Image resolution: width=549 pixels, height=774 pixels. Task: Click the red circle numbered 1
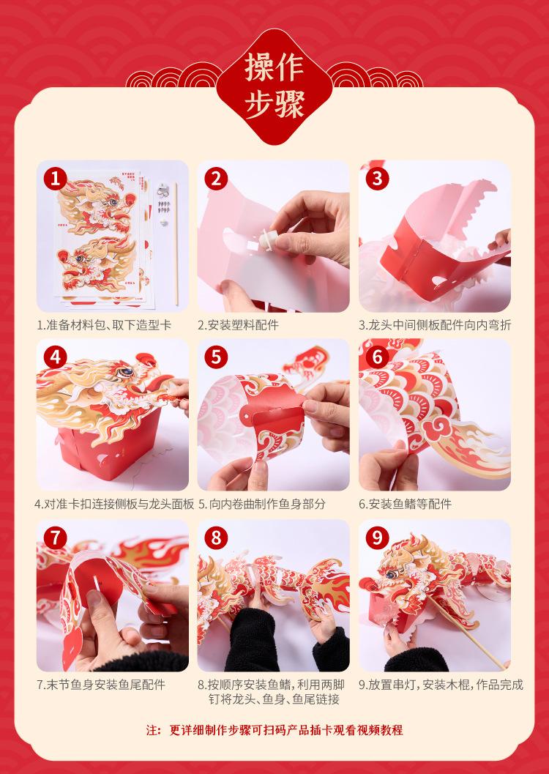pos(55,178)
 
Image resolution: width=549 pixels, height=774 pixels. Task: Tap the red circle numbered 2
pos(216,178)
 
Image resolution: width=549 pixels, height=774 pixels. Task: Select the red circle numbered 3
pos(377,178)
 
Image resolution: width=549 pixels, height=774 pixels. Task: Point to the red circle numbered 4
pos(55,357)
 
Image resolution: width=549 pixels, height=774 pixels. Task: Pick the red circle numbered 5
pos(216,357)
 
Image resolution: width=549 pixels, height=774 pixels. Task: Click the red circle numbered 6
pos(377,357)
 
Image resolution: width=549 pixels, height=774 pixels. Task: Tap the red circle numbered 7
pos(55,537)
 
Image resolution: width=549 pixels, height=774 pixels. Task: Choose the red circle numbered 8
pos(216,537)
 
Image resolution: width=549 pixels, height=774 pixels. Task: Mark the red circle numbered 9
pos(377,537)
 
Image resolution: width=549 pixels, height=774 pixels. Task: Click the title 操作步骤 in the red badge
pos(274,86)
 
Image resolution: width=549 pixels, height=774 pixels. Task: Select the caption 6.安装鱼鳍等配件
pos(405,504)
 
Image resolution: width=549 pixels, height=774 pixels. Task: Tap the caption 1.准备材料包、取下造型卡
pos(104,325)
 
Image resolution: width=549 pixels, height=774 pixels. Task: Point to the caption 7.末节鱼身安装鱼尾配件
pos(101,685)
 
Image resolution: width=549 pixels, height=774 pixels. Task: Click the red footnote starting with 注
pos(274,730)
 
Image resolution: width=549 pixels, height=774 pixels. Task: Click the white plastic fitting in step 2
pos(266,242)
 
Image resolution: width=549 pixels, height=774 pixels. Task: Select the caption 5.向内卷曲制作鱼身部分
pos(262,504)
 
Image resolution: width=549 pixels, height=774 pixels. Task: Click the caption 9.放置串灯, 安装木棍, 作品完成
pos(441,685)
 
